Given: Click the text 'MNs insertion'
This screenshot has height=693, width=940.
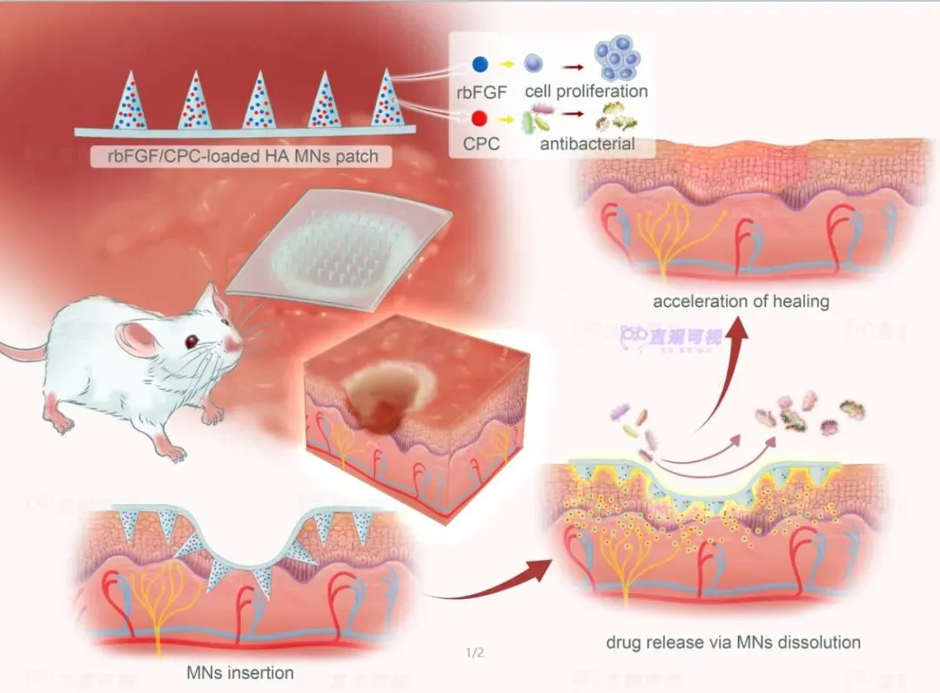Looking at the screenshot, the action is [x=240, y=672].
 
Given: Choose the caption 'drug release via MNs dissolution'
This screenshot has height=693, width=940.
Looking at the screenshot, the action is [x=733, y=643].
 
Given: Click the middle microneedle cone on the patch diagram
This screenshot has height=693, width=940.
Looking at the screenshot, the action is [x=259, y=101].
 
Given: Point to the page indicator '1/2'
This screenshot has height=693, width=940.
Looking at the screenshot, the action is [x=475, y=652].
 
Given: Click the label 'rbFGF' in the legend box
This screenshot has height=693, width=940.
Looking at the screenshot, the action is [x=480, y=91].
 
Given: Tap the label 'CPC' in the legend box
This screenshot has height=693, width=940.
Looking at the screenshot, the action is [x=480, y=144].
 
